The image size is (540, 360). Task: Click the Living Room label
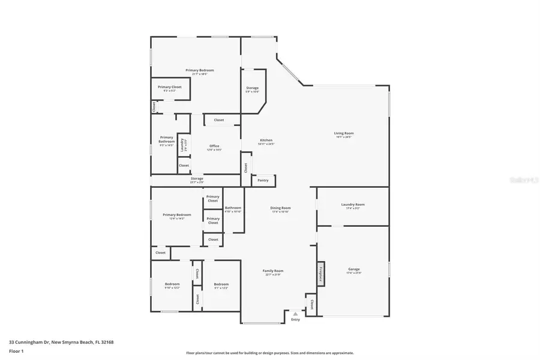click(x=344, y=133)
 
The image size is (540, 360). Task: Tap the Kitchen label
click(x=265, y=140)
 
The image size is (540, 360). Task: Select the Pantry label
click(x=263, y=180)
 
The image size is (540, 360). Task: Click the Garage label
click(x=353, y=269)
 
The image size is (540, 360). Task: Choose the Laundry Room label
click(x=353, y=205)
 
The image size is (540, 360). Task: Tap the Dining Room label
click(x=281, y=208)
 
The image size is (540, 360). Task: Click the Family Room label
click(x=273, y=271)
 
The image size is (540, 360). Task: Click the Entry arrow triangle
click(x=295, y=313)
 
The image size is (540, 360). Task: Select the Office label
click(x=214, y=146)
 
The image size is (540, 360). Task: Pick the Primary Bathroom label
click(x=166, y=140)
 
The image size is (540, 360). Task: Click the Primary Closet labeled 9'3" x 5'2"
click(x=170, y=88)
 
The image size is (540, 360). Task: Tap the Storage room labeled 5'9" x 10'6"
click(x=252, y=89)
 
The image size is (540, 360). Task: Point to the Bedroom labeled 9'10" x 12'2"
click(x=172, y=284)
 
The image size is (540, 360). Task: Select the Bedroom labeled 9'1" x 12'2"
click(x=221, y=284)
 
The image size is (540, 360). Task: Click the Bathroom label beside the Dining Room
click(x=233, y=208)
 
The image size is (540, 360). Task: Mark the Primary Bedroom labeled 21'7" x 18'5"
click(x=200, y=71)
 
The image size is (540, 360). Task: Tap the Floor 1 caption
click(x=16, y=351)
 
